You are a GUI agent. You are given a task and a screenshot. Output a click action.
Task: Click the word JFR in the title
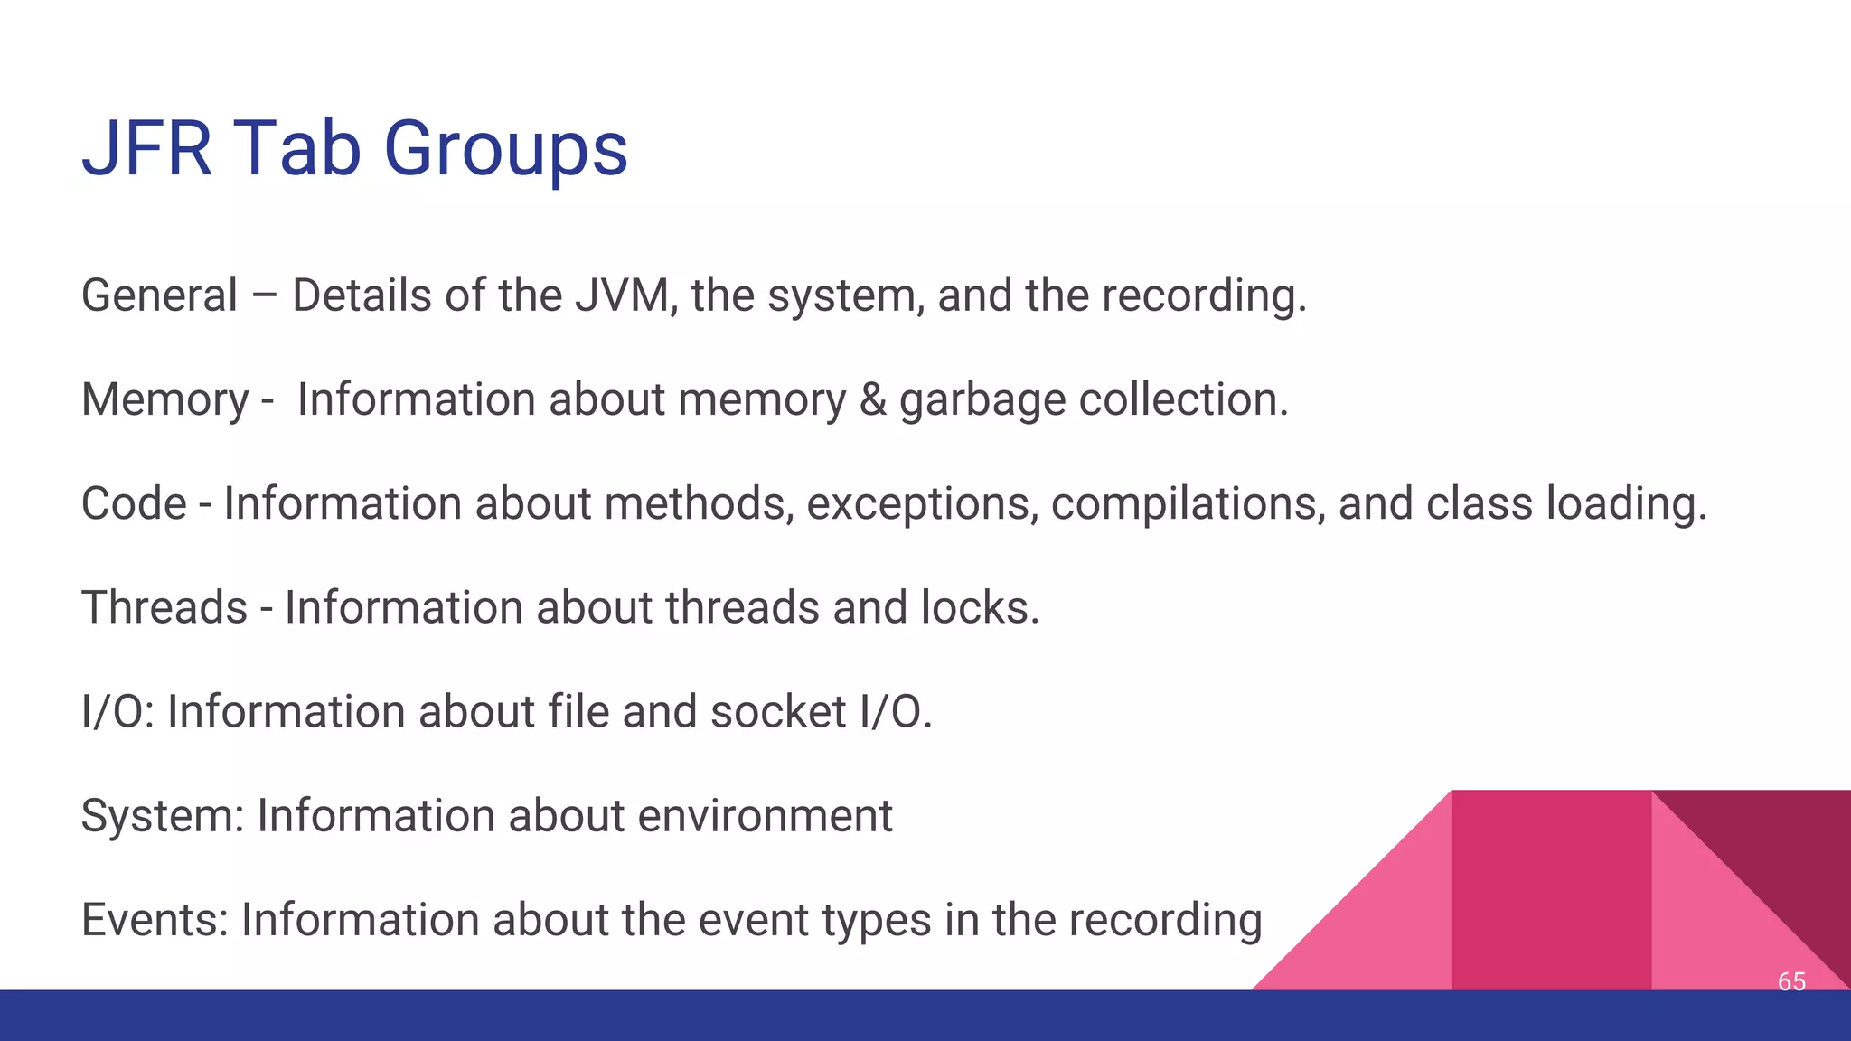(x=146, y=149)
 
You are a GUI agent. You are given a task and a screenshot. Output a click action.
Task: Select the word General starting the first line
(x=160, y=295)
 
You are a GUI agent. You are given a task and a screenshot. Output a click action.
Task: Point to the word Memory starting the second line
(x=164, y=399)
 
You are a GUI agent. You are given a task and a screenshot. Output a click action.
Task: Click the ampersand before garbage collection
(x=872, y=399)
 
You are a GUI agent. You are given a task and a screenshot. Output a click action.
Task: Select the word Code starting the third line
(x=134, y=503)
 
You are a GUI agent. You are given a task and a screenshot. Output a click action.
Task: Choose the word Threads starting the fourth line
(x=164, y=607)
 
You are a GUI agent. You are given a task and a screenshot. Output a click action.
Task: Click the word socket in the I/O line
(x=778, y=711)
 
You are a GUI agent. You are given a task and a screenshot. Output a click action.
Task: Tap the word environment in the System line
(x=765, y=816)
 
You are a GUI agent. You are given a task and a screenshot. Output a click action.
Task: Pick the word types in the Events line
(x=876, y=920)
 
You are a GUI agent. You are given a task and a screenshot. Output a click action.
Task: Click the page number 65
(x=1791, y=981)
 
